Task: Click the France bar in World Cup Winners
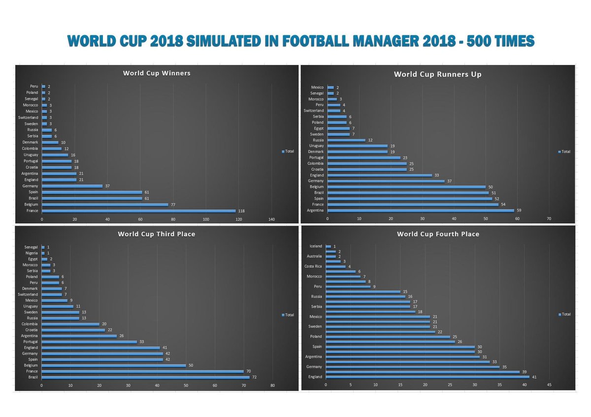[138, 211]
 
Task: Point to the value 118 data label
[241, 211]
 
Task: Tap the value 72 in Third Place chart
[254, 377]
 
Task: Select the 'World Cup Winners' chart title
[157, 73]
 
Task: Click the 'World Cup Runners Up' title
[437, 74]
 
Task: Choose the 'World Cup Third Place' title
[156, 234]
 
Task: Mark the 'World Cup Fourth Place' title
[438, 234]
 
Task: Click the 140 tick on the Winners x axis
[271, 219]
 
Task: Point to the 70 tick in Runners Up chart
[549, 218]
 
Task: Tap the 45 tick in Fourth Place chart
[549, 385]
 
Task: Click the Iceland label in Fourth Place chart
[316, 246]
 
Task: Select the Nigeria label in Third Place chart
[31, 253]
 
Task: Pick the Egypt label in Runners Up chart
[318, 128]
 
